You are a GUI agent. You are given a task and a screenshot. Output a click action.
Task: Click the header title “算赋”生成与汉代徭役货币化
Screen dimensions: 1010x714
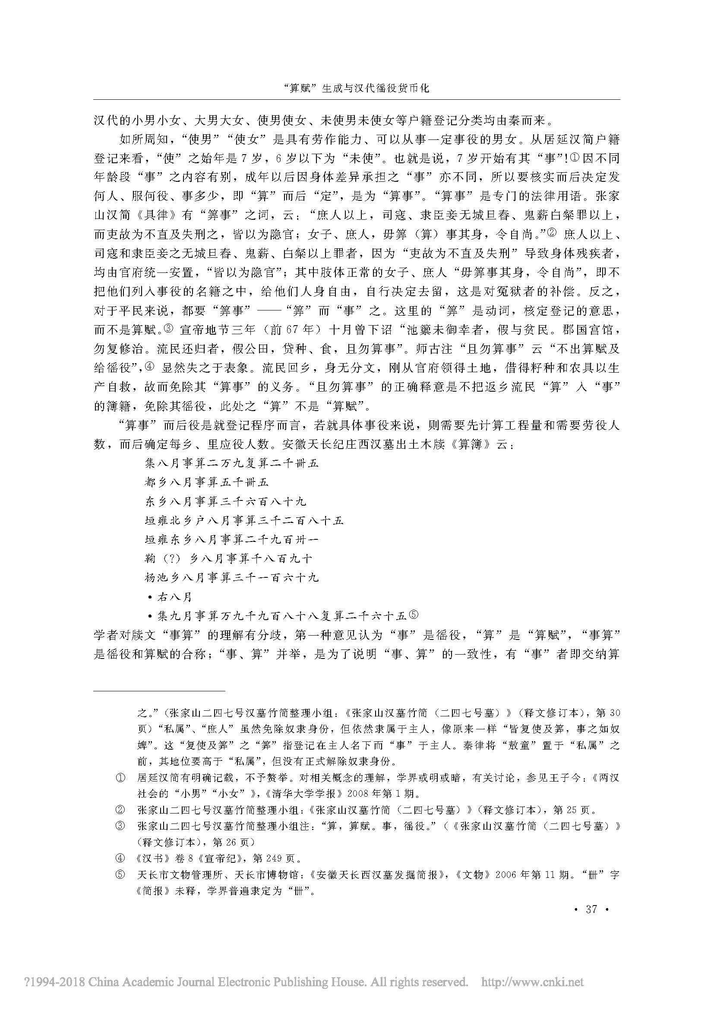pos(357,88)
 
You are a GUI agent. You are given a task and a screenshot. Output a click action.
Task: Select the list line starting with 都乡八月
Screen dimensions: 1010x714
pos(206,483)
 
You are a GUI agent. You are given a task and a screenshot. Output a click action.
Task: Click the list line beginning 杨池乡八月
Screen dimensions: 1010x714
pos(231,578)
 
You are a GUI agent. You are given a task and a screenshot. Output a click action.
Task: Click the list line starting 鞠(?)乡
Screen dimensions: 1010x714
pos(228,559)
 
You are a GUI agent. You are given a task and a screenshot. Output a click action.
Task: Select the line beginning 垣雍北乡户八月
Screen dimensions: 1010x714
pos(244,521)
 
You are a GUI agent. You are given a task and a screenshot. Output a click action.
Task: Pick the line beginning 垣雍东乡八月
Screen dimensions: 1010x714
pos(231,540)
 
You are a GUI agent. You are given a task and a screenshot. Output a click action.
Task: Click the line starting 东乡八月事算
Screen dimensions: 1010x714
pos(225,501)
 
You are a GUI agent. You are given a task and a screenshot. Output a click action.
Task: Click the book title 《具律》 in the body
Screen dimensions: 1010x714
pos(153,215)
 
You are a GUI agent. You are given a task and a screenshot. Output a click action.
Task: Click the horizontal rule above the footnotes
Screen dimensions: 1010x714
pos(160,690)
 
